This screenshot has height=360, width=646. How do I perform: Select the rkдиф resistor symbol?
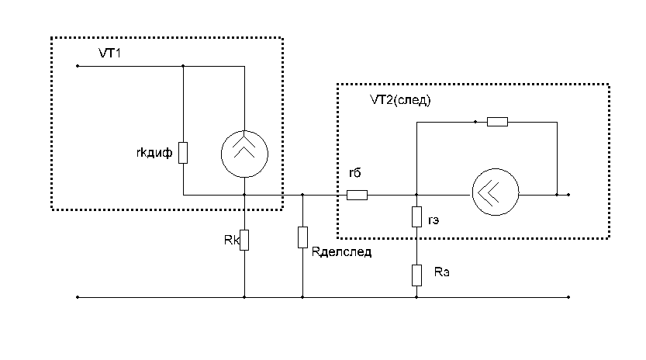click(x=183, y=153)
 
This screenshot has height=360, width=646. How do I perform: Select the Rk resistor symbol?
click(x=244, y=241)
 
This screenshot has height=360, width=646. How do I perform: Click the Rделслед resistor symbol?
click(x=302, y=237)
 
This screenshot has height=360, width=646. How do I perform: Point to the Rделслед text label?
click(x=341, y=251)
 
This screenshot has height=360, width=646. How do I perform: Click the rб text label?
click(x=355, y=175)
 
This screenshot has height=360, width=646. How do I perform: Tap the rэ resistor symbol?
click(x=416, y=217)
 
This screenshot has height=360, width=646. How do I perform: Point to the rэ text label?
click(x=436, y=221)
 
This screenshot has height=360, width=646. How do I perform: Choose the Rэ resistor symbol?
click(x=416, y=274)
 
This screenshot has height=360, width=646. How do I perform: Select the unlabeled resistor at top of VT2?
click(x=497, y=121)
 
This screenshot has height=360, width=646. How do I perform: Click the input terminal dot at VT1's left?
click(x=78, y=66)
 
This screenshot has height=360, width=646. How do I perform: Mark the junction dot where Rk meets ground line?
click(x=244, y=296)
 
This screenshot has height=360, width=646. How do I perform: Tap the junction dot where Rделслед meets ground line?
click(x=302, y=296)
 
